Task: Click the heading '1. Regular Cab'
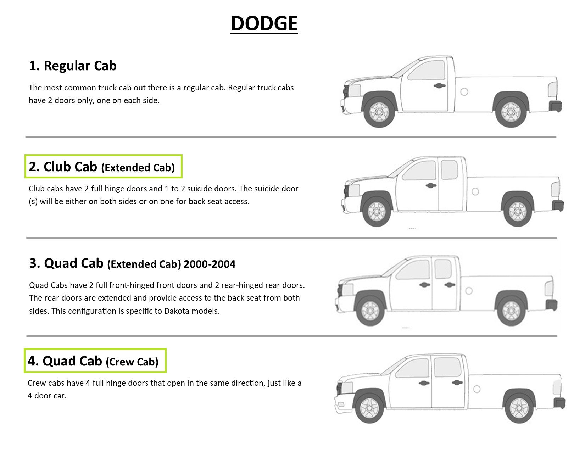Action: coord(73,66)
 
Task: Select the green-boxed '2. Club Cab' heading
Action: coord(104,166)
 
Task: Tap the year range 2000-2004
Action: coord(210,264)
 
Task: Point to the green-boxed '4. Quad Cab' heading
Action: coord(95,361)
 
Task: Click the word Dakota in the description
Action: coord(176,311)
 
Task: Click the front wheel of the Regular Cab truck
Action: coord(379,112)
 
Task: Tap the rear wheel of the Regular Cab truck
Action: coord(511,112)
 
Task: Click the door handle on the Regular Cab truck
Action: coord(440,86)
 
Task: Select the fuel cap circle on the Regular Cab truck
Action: coord(464,92)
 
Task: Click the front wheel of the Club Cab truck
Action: coord(377,212)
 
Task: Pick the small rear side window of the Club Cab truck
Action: coord(449,169)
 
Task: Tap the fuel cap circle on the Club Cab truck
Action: coord(475,191)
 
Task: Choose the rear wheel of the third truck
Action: coord(511,311)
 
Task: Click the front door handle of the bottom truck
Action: coord(424,383)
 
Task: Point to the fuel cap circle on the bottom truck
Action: coord(477,389)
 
